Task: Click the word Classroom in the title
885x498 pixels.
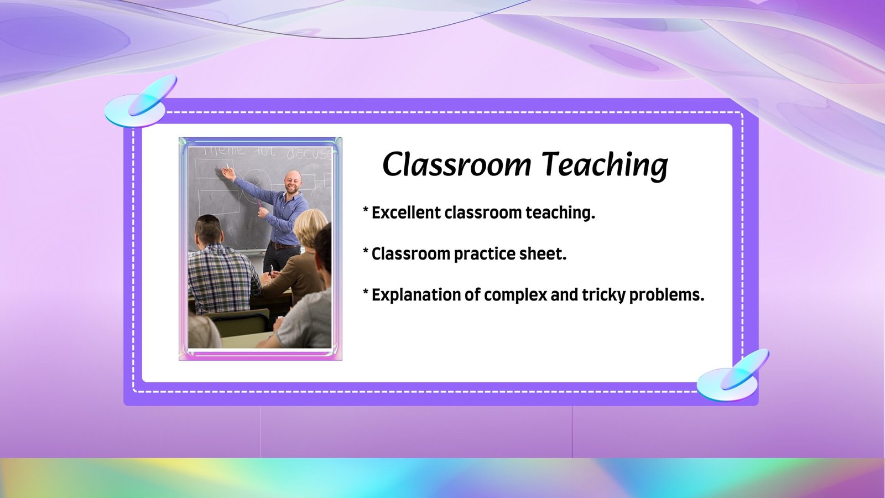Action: tap(457, 164)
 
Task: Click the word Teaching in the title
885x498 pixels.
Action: tap(605, 165)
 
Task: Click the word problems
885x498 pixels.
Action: tap(667, 295)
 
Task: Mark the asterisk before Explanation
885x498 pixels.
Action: tap(366, 292)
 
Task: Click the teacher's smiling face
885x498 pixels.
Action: tap(293, 182)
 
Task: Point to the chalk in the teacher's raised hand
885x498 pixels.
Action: tap(227, 166)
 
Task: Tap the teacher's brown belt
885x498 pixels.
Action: tap(284, 246)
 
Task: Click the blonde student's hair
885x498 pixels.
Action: tap(310, 227)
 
